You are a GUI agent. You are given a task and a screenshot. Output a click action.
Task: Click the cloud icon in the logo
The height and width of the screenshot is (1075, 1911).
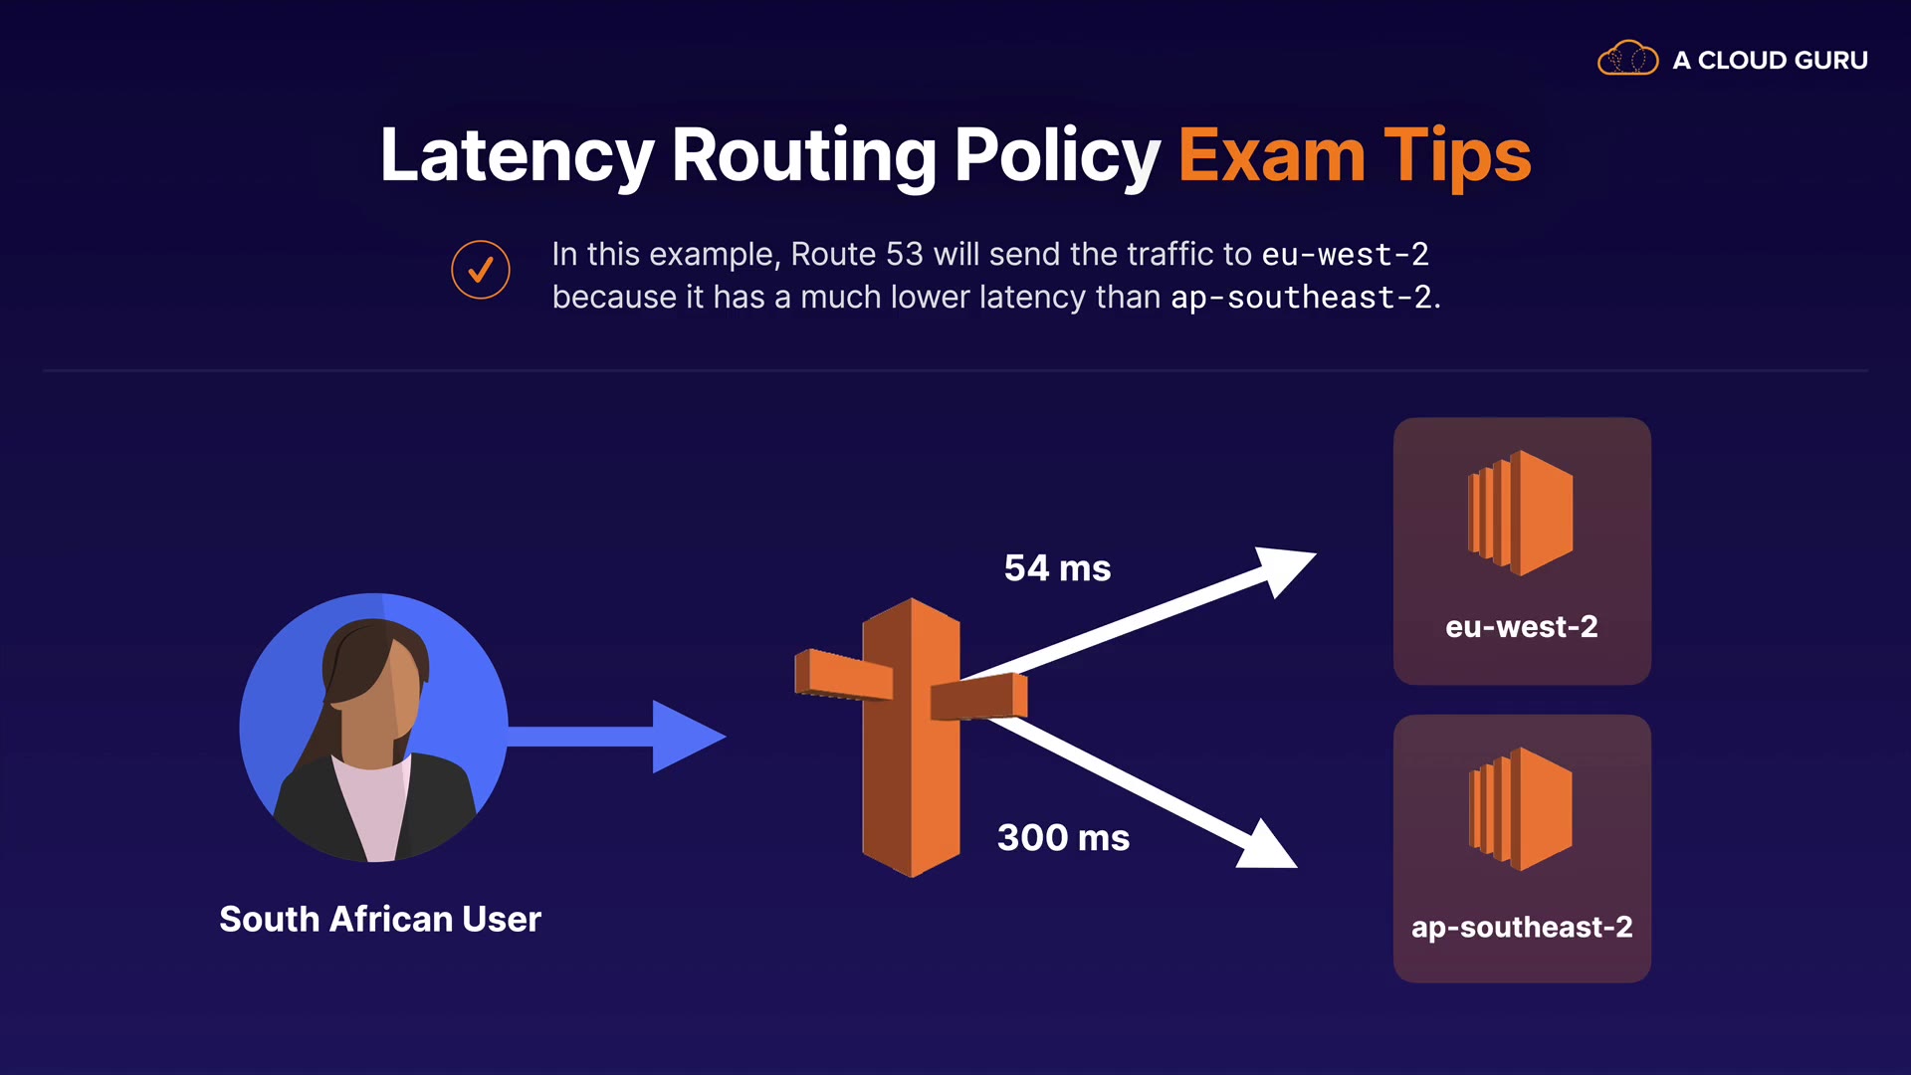(x=1627, y=59)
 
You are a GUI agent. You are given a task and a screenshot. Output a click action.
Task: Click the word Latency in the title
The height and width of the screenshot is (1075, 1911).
(x=517, y=156)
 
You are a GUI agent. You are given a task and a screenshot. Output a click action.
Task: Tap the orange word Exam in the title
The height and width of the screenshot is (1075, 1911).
(x=1271, y=156)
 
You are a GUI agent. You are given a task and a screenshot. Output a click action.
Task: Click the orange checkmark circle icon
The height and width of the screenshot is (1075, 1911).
(x=481, y=270)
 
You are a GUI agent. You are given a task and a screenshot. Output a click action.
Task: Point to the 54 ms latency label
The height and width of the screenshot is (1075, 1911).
(x=1057, y=568)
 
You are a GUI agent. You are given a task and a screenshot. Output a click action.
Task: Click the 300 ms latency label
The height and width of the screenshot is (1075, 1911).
(x=1063, y=838)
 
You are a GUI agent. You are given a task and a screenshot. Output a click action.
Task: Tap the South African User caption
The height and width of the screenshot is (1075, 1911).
(x=380, y=919)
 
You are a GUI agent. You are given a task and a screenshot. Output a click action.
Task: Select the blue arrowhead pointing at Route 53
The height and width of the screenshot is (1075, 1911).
(x=687, y=737)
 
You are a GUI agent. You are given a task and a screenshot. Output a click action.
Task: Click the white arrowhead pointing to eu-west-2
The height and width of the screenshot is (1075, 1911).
(x=1284, y=569)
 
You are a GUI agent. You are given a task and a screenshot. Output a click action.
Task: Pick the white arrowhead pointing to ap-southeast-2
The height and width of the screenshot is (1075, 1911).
(x=1268, y=846)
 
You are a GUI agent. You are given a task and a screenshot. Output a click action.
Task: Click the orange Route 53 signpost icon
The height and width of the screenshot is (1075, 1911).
(x=911, y=737)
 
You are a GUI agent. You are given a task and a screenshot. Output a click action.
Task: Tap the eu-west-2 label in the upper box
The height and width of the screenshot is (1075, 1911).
(x=1521, y=627)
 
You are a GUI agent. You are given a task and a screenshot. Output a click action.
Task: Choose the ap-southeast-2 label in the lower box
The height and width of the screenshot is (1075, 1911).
(x=1522, y=928)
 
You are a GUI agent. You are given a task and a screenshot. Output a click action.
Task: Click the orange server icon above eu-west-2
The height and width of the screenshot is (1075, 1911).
(x=1521, y=514)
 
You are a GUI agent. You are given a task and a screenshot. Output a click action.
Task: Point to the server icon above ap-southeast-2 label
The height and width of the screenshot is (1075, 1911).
(x=1521, y=809)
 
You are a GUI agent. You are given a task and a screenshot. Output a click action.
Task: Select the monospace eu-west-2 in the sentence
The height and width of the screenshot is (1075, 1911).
(x=1345, y=255)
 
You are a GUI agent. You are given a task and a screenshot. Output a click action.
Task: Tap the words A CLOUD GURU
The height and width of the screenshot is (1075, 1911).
(x=1770, y=61)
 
